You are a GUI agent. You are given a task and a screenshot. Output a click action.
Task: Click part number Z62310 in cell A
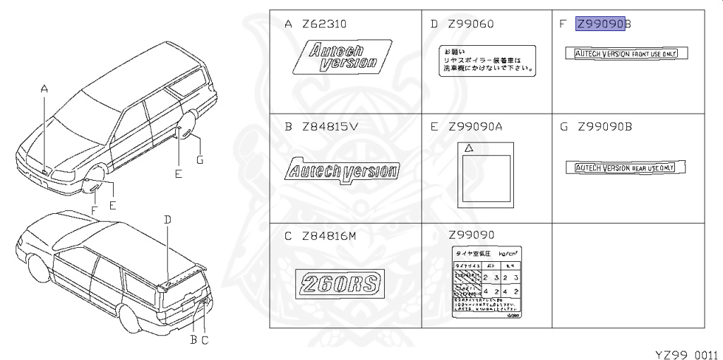point(324,25)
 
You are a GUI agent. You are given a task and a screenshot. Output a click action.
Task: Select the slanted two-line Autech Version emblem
point(345,55)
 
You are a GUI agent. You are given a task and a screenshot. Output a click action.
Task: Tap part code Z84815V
point(325,128)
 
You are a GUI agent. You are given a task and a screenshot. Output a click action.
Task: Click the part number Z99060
point(470,25)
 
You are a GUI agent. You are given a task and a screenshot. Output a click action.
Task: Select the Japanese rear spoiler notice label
point(486,60)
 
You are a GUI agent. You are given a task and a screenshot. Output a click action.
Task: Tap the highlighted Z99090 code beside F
point(600,25)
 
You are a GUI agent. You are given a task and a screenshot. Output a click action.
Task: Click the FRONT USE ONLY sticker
point(627,54)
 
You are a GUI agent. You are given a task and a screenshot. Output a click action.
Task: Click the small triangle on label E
point(467,149)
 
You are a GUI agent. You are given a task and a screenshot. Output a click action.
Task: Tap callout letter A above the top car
point(44,89)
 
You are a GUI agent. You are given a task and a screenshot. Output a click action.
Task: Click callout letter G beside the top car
point(200,160)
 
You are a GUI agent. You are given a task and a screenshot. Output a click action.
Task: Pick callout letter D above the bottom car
point(168,220)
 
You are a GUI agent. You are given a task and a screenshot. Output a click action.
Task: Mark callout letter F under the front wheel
point(94,210)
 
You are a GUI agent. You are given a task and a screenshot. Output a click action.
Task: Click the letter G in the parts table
point(563,128)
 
